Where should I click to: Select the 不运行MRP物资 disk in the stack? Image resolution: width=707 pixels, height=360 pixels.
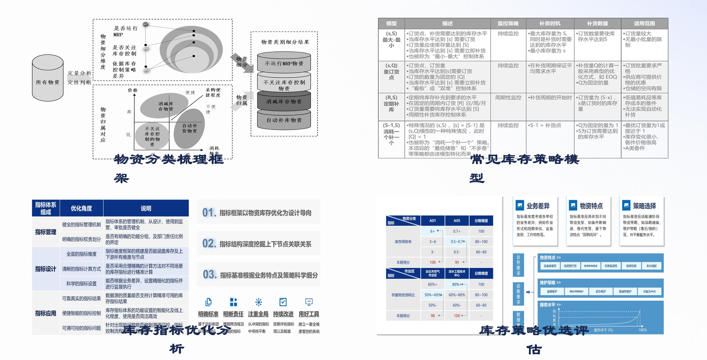tap(284, 63)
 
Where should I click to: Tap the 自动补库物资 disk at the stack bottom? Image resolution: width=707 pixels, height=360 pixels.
tap(284, 120)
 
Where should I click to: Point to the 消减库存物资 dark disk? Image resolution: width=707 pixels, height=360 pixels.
tap(284, 101)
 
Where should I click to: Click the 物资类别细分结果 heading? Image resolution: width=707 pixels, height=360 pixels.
tap(285, 42)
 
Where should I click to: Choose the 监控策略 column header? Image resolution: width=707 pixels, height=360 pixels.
tap(508, 23)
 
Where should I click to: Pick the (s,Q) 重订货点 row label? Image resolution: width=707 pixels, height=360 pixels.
tap(391, 71)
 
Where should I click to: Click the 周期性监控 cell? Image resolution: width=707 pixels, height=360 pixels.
tap(508, 98)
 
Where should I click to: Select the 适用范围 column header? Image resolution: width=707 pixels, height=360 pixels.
tap(644, 23)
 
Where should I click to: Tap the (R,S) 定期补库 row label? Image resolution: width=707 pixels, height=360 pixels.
tap(391, 103)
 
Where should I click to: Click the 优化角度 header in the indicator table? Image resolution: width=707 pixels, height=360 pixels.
tap(81, 208)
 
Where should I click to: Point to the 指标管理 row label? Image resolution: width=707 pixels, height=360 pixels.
tap(46, 232)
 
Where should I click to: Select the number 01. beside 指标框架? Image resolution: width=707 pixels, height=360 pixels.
tap(209, 213)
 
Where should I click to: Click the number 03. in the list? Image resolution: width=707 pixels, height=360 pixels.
tap(210, 275)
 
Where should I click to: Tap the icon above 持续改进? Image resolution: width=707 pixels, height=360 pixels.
tap(283, 302)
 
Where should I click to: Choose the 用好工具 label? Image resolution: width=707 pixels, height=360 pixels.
tap(309, 314)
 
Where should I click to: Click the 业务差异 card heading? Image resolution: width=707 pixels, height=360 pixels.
tap(538, 206)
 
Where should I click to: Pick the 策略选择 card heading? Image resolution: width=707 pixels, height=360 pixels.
tap(644, 206)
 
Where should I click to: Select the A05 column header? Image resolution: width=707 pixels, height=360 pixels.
tap(457, 221)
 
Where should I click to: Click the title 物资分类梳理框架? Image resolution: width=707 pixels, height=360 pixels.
tap(169, 160)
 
